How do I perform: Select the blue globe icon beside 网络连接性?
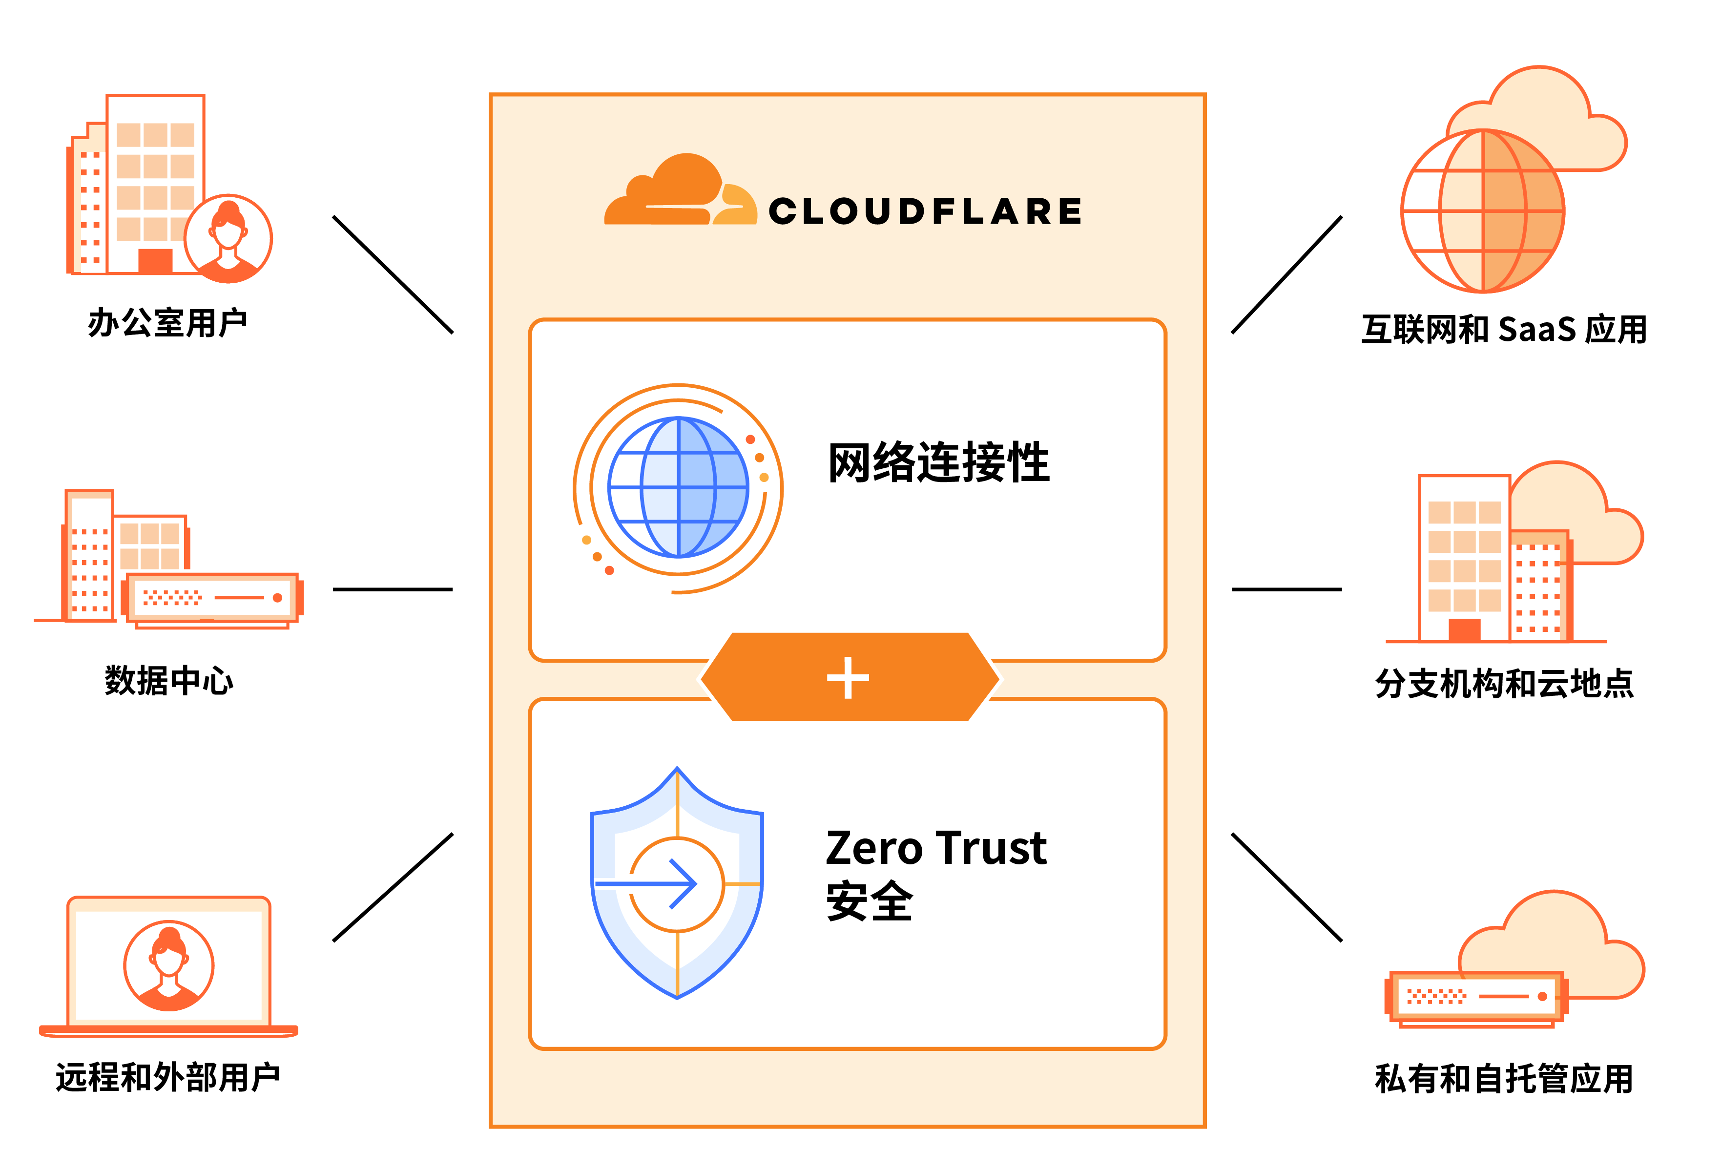(678, 487)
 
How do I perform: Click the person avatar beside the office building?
(228, 238)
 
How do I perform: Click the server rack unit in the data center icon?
(212, 597)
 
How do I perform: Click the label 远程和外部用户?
(167, 1076)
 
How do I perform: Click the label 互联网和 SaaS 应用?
(1503, 329)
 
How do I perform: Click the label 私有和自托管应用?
(1503, 1077)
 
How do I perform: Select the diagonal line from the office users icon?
(393, 274)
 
